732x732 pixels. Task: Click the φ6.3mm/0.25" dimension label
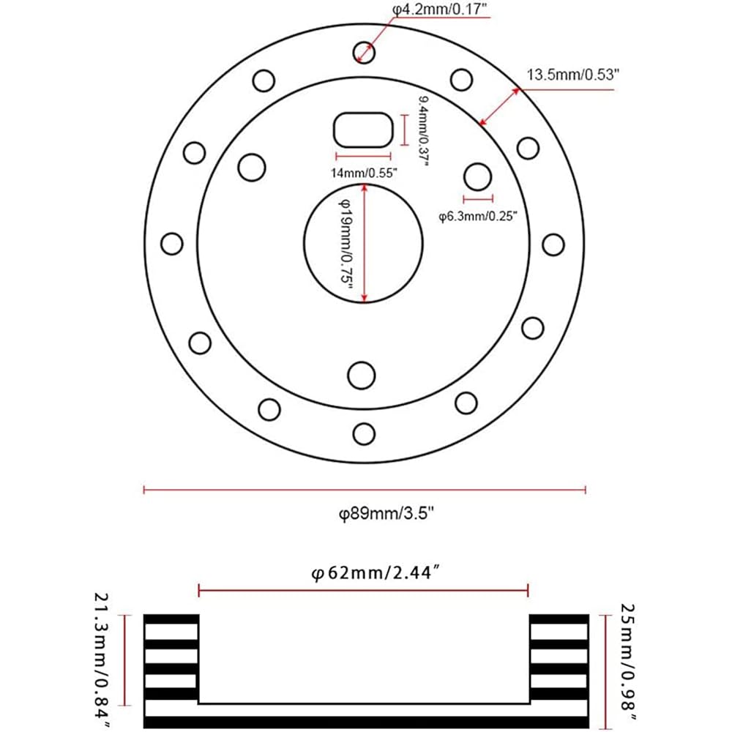coord(478,216)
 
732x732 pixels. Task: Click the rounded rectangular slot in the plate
coord(363,130)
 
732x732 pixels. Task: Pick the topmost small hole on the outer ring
coord(364,52)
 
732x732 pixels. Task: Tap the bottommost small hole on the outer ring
coord(364,433)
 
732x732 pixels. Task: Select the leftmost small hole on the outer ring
coord(172,243)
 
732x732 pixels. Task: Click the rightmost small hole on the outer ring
coord(553,244)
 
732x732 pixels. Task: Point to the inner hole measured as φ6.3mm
coord(477,176)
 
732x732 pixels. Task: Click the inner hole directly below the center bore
coord(362,375)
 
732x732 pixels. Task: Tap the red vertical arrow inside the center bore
coord(365,242)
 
